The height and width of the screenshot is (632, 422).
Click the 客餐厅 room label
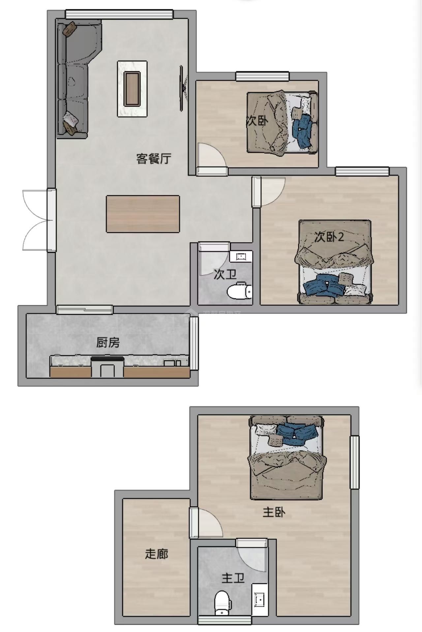(154, 159)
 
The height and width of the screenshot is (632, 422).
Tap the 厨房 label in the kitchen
(108, 343)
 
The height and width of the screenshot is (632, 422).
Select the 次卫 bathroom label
(225, 274)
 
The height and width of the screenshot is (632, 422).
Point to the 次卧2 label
(329, 237)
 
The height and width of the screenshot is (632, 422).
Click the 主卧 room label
(274, 512)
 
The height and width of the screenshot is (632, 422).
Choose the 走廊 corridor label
(156, 554)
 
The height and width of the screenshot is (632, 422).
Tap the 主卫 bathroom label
(233, 578)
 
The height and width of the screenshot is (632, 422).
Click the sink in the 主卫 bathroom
(260, 600)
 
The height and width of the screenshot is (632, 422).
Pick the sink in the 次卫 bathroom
(241, 256)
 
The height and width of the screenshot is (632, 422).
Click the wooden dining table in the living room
(143, 214)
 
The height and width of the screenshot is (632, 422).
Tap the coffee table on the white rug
(133, 88)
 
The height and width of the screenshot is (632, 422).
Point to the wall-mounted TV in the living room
(182, 88)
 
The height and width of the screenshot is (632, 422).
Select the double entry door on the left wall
(36, 220)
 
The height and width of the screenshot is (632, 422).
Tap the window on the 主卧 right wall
(354, 462)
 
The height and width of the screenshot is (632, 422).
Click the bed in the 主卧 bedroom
(287, 458)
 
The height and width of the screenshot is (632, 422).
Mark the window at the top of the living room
(119, 14)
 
